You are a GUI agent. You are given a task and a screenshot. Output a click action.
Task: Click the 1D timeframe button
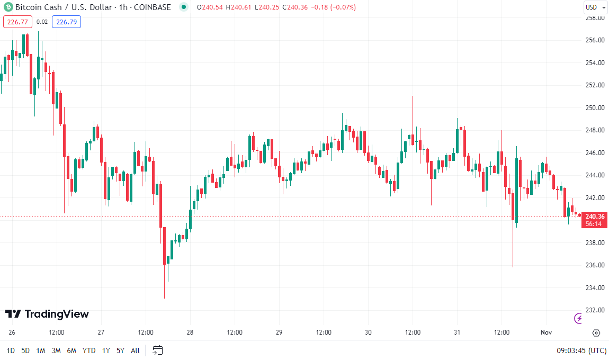pyautogui.click(x=11, y=350)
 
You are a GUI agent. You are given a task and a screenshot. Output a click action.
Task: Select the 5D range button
pyautogui.click(x=25, y=350)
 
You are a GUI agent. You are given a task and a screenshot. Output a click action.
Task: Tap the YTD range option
pyautogui.click(x=89, y=350)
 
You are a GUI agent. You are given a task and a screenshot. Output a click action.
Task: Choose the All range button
pyautogui.click(x=135, y=350)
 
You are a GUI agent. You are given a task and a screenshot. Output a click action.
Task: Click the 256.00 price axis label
pyautogui.click(x=595, y=40)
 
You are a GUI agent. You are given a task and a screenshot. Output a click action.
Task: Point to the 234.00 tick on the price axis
pyautogui.click(x=595, y=288)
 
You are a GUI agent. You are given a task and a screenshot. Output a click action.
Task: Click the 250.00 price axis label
pyautogui.click(x=595, y=108)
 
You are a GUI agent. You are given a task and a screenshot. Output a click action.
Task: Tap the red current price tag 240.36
pyautogui.click(x=594, y=216)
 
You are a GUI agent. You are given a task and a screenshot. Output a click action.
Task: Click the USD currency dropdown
pyautogui.click(x=594, y=7)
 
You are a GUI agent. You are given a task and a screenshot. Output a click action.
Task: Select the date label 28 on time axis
pyautogui.click(x=190, y=332)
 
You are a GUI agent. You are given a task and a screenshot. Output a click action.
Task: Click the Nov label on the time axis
pyautogui.click(x=546, y=332)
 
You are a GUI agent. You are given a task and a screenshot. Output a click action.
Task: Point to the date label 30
pyautogui.click(x=368, y=332)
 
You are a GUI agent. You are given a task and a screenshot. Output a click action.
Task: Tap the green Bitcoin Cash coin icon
pyautogui.click(x=7, y=7)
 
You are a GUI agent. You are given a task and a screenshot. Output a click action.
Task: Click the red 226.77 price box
pyautogui.click(x=17, y=22)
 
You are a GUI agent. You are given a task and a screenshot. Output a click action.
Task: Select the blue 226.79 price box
pyautogui.click(x=66, y=22)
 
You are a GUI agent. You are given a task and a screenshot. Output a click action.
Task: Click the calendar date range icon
pyautogui.click(x=157, y=350)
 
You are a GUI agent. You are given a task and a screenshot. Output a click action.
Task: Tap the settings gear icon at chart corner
pyautogui.click(x=596, y=333)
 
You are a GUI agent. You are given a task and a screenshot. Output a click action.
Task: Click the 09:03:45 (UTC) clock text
pyautogui.click(x=581, y=350)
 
